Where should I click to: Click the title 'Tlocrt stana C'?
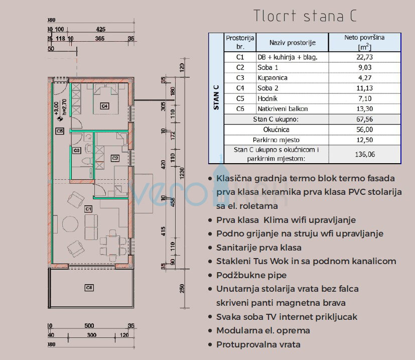305,16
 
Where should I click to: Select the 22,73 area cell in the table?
364,57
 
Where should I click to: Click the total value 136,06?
364,154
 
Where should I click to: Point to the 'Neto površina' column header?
364,42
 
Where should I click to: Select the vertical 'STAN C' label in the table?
216,97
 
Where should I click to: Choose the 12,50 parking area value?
364,140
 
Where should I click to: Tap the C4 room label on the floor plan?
104,106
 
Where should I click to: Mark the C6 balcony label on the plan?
89,288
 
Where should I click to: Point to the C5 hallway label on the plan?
60,131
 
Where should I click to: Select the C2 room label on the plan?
115,158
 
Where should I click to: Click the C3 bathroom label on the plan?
76,150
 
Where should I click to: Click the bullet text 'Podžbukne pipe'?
251,275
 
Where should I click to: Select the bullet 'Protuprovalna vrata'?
258,344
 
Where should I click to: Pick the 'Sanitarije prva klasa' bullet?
258,248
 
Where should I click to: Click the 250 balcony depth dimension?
182,289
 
